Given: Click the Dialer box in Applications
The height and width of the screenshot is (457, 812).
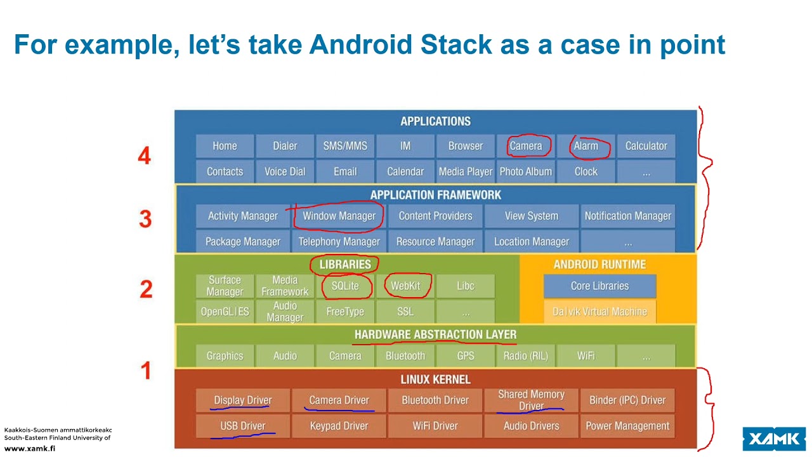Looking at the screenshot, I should [285, 146].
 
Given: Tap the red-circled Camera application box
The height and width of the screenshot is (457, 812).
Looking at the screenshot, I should [526, 146].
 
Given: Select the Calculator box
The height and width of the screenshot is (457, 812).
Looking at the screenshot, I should [646, 146].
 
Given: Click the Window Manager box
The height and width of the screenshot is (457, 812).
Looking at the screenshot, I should [339, 216].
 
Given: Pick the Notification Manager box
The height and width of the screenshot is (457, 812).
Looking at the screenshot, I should [627, 216].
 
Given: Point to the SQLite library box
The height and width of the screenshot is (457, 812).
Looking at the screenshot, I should [345, 286].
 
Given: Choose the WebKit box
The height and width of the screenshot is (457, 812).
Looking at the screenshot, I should [405, 286].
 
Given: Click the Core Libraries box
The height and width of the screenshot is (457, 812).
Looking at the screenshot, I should [599, 286].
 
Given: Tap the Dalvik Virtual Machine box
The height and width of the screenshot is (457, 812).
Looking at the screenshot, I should [599, 312].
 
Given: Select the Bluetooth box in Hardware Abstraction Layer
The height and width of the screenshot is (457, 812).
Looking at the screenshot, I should [405, 356].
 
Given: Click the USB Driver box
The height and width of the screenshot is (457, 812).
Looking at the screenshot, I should [243, 426].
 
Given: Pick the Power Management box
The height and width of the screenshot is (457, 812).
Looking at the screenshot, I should [627, 426].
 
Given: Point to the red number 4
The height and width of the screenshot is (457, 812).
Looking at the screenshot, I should [145, 156].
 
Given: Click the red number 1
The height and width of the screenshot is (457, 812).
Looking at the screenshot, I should [146, 370].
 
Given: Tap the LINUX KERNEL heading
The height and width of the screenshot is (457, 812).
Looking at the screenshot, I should [435, 380].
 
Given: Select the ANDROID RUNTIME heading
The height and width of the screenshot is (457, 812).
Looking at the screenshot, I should [599, 265].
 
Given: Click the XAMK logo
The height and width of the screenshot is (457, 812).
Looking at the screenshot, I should [774, 439].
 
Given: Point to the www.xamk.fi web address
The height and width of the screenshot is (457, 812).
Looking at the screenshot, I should [30, 448].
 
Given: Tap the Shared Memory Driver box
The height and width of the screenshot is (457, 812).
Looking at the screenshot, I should [531, 400].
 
